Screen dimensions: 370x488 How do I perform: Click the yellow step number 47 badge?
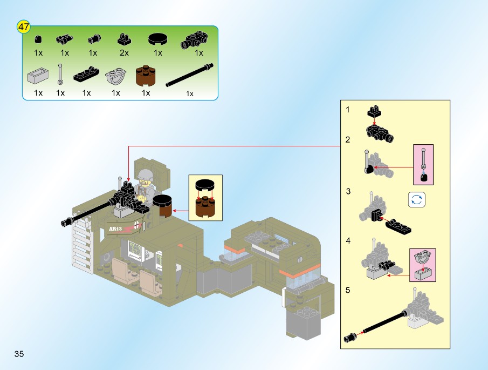coord(24,26)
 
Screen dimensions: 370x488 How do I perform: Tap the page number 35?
coord(19,354)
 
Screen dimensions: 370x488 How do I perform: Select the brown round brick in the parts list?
coord(146,75)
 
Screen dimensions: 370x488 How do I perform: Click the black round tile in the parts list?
coord(158,38)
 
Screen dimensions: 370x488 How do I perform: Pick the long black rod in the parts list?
coord(189,75)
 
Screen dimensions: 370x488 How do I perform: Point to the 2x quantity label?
coord(124,53)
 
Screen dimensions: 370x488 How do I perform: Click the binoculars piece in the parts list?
coord(64,39)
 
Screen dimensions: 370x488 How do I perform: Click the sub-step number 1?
coord(348,110)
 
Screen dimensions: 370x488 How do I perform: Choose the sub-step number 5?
coord(348,290)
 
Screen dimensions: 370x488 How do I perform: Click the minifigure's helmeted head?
coord(145,175)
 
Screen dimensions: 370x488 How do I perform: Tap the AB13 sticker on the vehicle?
coord(115,229)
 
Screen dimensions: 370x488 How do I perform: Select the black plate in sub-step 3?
coord(398,225)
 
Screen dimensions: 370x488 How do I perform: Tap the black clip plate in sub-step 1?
coord(374,112)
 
